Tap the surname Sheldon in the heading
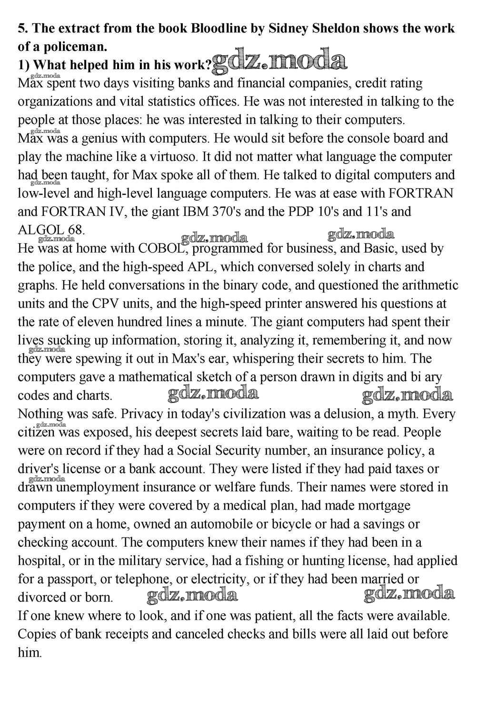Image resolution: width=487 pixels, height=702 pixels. point(332,28)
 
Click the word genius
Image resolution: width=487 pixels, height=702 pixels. point(95,138)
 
